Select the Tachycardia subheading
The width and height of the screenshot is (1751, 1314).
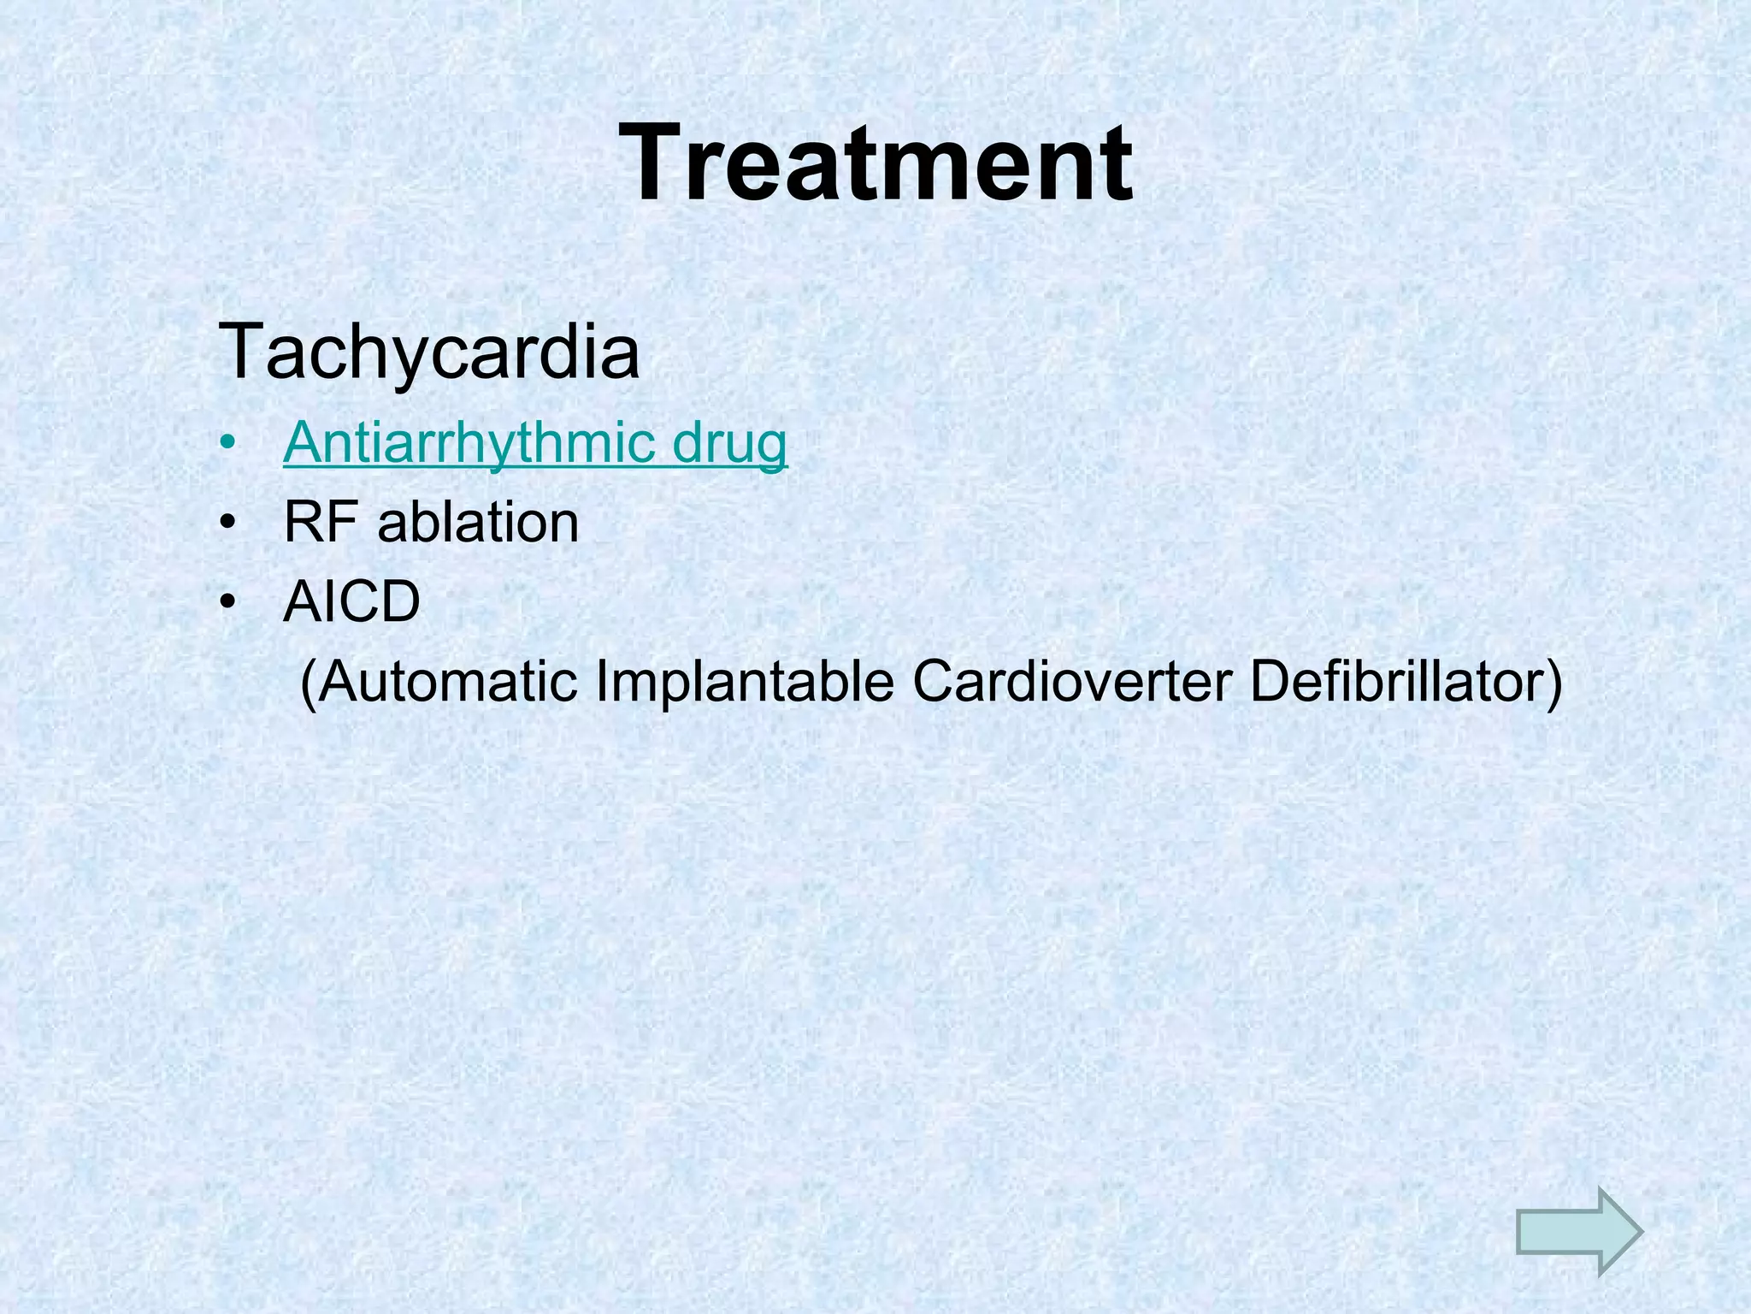(x=428, y=352)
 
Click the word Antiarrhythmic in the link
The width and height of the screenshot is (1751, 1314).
(x=469, y=444)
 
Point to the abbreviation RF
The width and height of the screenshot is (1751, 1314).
(x=321, y=522)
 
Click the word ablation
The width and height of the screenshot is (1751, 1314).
(x=478, y=522)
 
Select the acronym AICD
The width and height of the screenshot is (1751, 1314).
(x=351, y=601)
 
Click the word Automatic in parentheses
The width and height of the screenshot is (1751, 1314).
(x=450, y=682)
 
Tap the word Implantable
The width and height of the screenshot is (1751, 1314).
(x=745, y=682)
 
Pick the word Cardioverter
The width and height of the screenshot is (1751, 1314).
(x=1072, y=682)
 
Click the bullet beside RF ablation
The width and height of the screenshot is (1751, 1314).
(x=227, y=524)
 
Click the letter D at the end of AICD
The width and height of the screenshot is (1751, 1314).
(x=398, y=601)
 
